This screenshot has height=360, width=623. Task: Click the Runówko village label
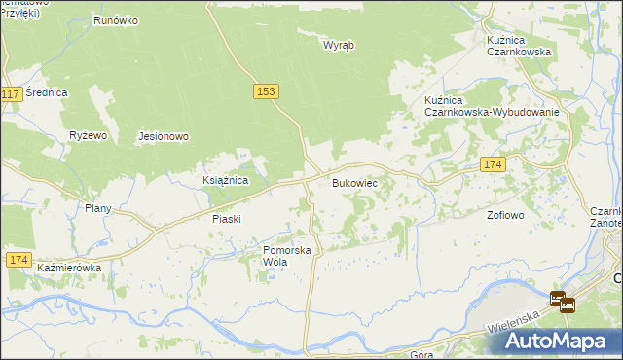pyautogui.click(x=119, y=19)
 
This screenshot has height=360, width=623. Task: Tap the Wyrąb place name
pyautogui.click(x=338, y=45)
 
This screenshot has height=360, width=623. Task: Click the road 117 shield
pyautogui.click(x=12, y=94)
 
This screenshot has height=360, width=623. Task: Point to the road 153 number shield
pyautogui.click(x=267, y=90)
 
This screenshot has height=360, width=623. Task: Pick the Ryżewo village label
pyautogui.click(x=88, y=136)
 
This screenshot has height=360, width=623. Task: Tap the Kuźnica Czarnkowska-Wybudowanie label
pyautogui.click(x=492, y=106)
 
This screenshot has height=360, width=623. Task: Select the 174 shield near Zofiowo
pyautogui.click(x=493, y=165)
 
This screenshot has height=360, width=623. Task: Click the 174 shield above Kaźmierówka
pyautogui.click(x=18, y=260)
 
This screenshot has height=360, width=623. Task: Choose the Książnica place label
pyautogui.click(x=226, y=181)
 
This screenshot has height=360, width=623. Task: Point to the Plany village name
pyautogui.click(x=98, y=208)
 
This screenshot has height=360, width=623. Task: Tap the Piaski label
pyautogui.click(x=226, y=219)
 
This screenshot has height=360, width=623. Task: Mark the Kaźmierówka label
pyautogui.click(x=69, y=267)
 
